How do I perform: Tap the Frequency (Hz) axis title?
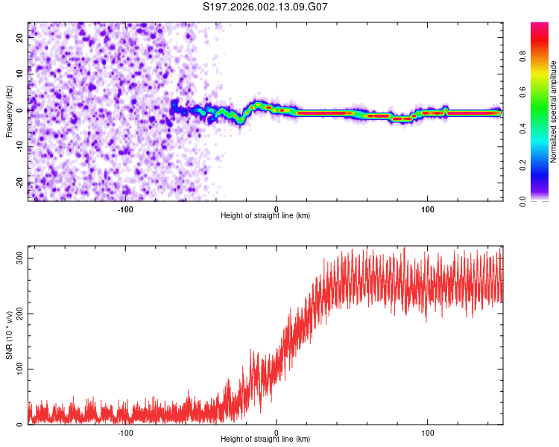(9, 111)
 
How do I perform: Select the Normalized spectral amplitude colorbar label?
(554, 112)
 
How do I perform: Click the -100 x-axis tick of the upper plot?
(124, 208)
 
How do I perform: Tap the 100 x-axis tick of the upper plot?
(428, 208)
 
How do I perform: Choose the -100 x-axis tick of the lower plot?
(124, 432)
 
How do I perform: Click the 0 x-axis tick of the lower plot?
(277, 432)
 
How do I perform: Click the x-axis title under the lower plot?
(265, 440)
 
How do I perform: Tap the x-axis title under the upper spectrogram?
(265, 215)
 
